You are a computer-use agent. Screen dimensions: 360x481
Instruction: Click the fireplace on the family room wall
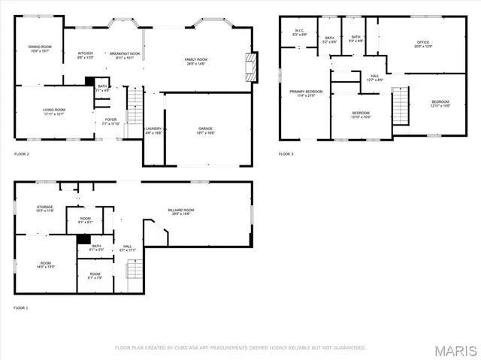point(254,67)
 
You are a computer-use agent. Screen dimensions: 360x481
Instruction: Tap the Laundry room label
point(153,130)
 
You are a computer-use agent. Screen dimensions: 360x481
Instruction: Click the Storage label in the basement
point(45,208)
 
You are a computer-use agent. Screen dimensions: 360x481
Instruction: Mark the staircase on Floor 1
point(133,268)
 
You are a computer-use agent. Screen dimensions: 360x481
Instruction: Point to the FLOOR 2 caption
point(22,154)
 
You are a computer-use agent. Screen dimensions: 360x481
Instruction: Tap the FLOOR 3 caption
point(286,154)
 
